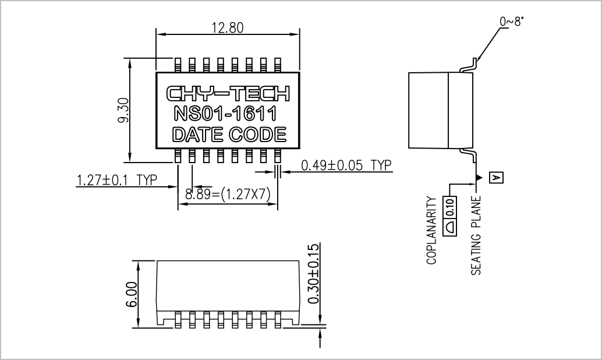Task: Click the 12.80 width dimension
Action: point(228,27)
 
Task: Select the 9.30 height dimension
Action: point(123,110)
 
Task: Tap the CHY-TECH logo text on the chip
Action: point(228,94)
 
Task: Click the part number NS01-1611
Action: point(225,114)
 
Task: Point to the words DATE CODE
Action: point(229,135)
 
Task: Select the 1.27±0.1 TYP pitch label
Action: point(117,180)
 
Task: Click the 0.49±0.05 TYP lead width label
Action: point(346,165)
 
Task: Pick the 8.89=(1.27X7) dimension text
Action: point(228,194)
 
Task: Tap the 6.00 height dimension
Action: point(132,294)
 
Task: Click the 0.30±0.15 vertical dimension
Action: point(314,274)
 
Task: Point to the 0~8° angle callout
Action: point(511,21)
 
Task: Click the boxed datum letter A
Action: point(496,178)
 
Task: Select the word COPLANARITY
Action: point(431,230)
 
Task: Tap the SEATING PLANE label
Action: point(476,235)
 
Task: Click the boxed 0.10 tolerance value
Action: point(450,206)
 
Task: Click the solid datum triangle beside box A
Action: point(479,178)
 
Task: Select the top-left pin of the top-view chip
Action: point(178,65)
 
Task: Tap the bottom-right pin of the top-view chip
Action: point(278,156)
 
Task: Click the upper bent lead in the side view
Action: point(469,66)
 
